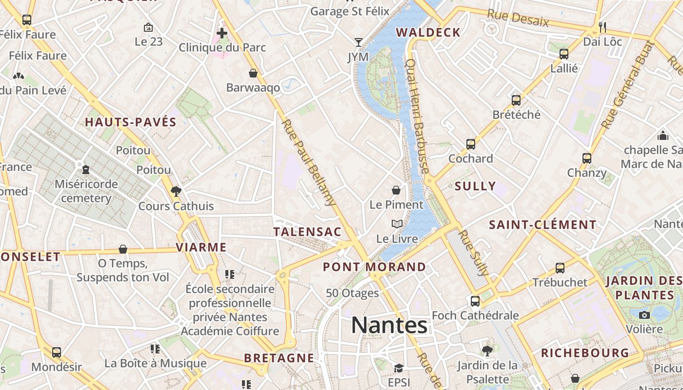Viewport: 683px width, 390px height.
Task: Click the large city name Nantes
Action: (x=389, y=325)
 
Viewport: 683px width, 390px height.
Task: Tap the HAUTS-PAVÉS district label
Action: (x=131, y=122)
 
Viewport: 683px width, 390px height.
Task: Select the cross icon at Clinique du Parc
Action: (x=222, y=33)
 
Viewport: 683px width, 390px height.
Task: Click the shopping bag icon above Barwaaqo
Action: (x=253, y=73)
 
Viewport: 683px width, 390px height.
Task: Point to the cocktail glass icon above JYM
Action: (x=359, y=42)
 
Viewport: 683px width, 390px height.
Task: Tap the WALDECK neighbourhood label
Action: (x=428, y=33)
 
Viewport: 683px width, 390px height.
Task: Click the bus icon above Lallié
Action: (x=564, y=54)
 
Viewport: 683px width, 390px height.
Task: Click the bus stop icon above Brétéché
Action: (x=516, y=100)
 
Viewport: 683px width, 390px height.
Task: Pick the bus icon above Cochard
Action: (x=471, y=144)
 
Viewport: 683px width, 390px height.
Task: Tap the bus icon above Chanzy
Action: (x=587, y=158)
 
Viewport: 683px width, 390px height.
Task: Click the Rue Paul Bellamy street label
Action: (x=309, y=162)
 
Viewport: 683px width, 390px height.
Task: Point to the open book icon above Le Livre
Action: (x=397, y=224)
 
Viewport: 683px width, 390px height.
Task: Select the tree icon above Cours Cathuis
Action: (x=176, y=191)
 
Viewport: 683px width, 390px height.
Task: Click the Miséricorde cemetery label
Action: (x=86, y=191)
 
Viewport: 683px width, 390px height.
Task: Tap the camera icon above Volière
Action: (x=644, y=315)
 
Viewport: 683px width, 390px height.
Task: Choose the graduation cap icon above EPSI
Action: (x=399, y=368)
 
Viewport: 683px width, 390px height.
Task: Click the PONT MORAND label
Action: (x=374, y=267)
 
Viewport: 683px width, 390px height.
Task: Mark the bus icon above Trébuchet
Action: (x=560, y=268)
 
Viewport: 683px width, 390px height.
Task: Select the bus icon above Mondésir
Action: (x=57, y=352)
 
